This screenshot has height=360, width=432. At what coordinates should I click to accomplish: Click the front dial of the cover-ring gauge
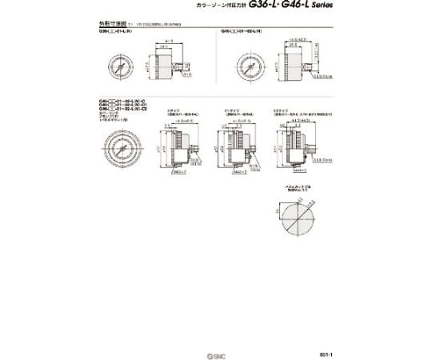coord(117,147)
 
